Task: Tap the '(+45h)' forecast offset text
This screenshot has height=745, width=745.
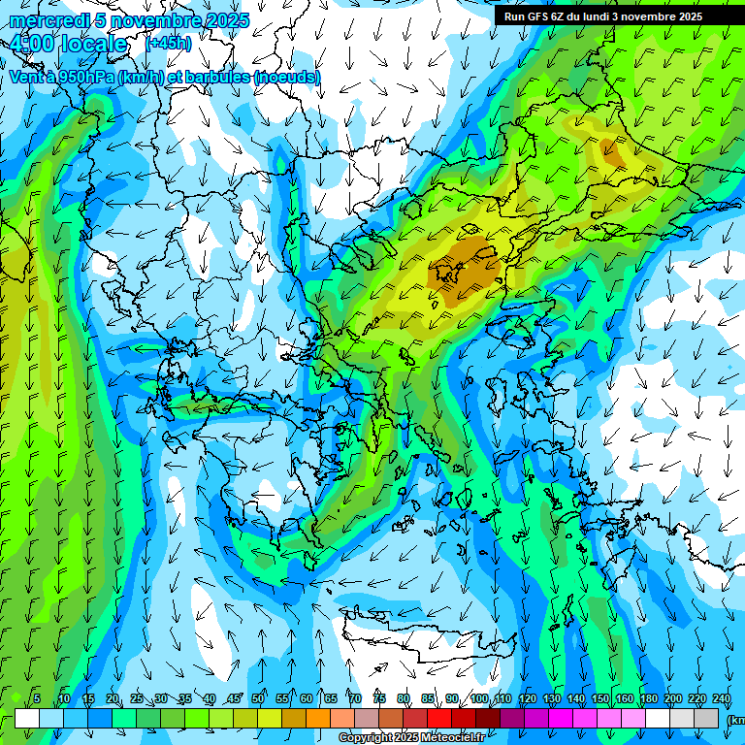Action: click(x=168, y=43)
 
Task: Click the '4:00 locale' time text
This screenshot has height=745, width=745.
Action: click(x=68, y=44)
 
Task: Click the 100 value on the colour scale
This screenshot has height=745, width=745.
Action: click(x=478, y=699)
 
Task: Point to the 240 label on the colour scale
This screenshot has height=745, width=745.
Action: click(x=721, y=699)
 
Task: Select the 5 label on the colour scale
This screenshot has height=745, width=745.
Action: click(x=37, y=699)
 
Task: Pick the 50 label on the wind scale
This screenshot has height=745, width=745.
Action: click(x=258, y=699)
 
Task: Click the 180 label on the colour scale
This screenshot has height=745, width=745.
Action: click(x=647, y=699)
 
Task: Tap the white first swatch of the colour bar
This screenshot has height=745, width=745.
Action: click(x=27, y=718)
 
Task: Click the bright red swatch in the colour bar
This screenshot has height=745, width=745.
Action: click(x=439, y=718)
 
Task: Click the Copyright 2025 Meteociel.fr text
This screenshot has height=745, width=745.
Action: click(x=411, y=738)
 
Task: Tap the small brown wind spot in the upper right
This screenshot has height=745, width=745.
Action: click(x=611, y=150)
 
